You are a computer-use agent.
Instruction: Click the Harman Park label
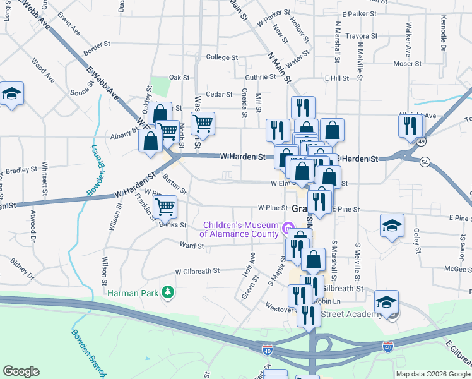click(134, 292)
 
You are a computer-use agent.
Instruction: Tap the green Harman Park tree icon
click(168, 292)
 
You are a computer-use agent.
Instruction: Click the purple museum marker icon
click(289, 227)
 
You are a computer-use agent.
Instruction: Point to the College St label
click(221, 57)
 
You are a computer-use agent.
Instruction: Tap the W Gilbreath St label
click(197, 270)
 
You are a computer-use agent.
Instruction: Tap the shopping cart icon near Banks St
click(165, 206)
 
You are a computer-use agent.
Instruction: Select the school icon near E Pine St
click(392, 225)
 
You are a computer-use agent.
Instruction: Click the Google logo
click(21, 371)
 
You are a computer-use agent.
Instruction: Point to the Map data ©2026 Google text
click(433, 374)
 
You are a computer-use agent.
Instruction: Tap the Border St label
click(97, 45)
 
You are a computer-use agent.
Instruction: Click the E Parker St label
click(359, 13)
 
